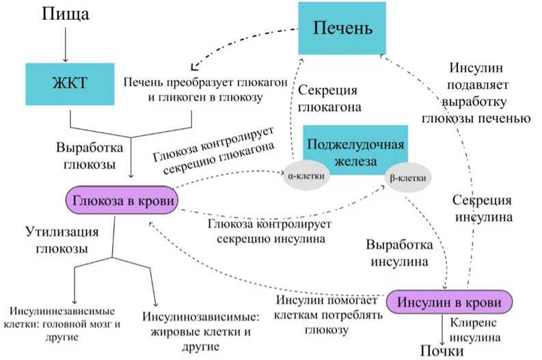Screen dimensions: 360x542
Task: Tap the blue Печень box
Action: (x=342, y=28)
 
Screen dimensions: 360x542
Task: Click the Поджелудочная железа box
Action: (x=355, y=150)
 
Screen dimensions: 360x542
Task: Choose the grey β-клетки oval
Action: (x=407, y=178)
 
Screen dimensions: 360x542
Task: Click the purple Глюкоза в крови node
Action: (x=122, y=200)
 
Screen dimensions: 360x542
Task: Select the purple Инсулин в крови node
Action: (x=449, y=302)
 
